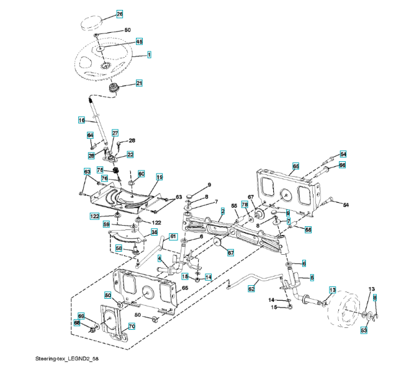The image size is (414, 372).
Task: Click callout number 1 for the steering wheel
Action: (150, 55)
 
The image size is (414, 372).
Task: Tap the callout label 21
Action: (139, 83)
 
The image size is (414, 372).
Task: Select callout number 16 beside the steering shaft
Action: (81, 120)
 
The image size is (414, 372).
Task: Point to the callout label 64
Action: (90, 135)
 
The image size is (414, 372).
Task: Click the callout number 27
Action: (115, 133)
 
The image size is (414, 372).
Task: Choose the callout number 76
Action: (104, 179)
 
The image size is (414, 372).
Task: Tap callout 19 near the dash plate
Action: (159, 177)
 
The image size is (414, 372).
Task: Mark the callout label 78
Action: (245, 204)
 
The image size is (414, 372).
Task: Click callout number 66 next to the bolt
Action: (342, 165)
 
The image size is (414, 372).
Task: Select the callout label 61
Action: (173, 236)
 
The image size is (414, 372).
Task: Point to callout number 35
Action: (154, 232)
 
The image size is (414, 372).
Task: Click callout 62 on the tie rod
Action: (251, 288)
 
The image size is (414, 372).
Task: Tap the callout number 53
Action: (364, 330)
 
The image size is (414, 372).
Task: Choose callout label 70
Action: (131, 326)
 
